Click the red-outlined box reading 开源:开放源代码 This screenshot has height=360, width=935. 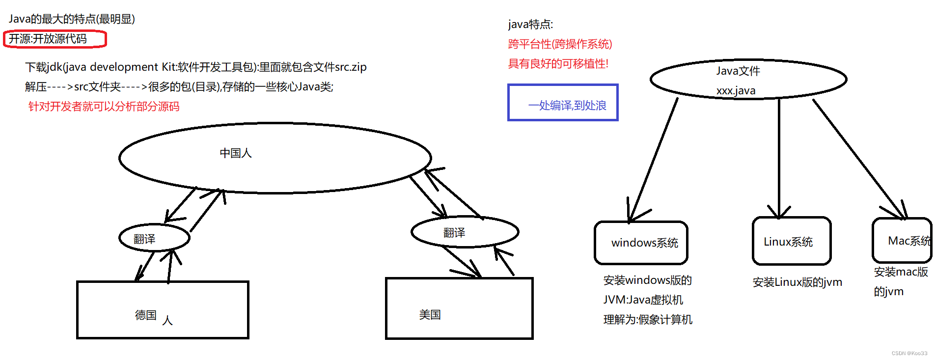[55, 39]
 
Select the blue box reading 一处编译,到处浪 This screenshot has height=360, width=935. [563, 103]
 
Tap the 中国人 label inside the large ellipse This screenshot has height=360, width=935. [236, 153]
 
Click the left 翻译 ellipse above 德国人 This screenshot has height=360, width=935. [154, 238]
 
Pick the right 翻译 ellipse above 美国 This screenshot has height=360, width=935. [465, 232]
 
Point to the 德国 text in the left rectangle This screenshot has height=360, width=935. [146, 315]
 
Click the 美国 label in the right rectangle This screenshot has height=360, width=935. [430, 315]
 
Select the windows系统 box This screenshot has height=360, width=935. [641, 243]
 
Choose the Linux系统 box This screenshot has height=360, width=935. [791, 242]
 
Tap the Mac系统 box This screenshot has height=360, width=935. [903, 241]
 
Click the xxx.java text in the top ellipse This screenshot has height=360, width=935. [736, 91]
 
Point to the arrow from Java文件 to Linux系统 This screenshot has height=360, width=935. [779, 157]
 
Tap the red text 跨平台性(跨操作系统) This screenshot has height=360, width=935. [560, 44]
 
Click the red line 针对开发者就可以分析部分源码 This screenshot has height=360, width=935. [104, 107]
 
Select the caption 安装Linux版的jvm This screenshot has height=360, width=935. [797, 282]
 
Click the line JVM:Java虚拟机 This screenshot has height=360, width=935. [643, 300]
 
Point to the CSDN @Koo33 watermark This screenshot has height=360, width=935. [909, 353]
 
